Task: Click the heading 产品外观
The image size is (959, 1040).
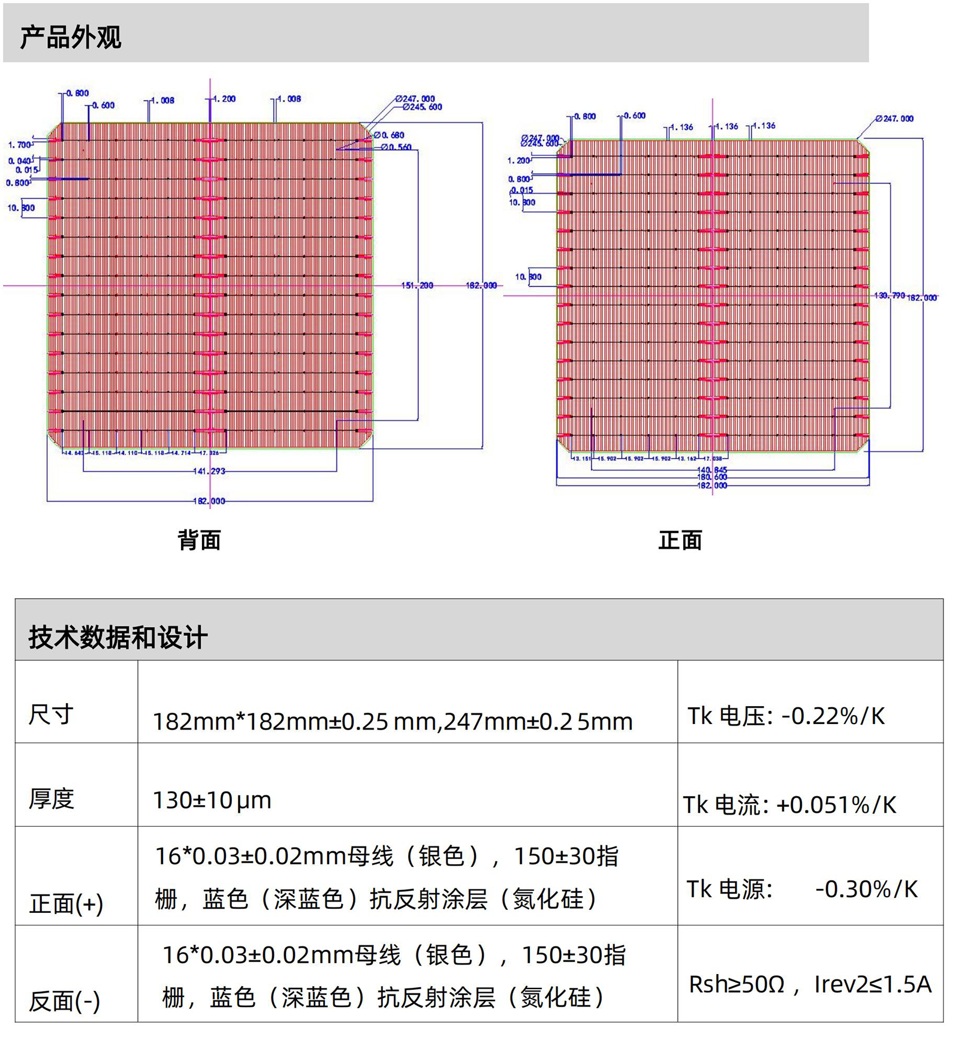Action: click(x=71, y=37)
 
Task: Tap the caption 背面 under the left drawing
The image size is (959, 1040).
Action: click(x=199, y=540)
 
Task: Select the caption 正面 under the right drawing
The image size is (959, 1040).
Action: click(x=680, y=540)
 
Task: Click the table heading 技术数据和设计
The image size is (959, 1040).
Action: click(x=118, y=637)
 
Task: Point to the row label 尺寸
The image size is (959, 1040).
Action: click(x=51, y=714)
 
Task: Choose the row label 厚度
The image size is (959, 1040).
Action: click(x=52, y=798)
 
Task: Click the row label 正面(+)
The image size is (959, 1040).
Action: click(x=66, y=903)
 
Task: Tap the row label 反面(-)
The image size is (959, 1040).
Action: click(x=64, y=1001)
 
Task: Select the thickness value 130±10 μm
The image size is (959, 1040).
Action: click(x=212, y=800)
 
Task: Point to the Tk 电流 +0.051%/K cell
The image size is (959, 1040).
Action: click(x=789, y=804)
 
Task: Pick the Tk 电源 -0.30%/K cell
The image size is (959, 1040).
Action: click(x=801, y=889)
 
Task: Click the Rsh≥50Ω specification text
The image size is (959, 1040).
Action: click(x=737, y=984)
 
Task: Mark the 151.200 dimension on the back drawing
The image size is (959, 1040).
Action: click(x=417, y=285)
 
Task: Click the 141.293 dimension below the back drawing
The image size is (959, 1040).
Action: click(x=209, y=471)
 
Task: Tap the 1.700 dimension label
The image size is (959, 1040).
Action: click(x=19, y=144)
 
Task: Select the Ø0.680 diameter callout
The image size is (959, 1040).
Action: click(x=389, y=135)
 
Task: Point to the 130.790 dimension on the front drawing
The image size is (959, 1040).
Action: click(x=889, y=296)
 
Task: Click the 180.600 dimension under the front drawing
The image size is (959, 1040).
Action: click(x=712, y=477)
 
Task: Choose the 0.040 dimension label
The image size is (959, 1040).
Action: click(x=19, y=161)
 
